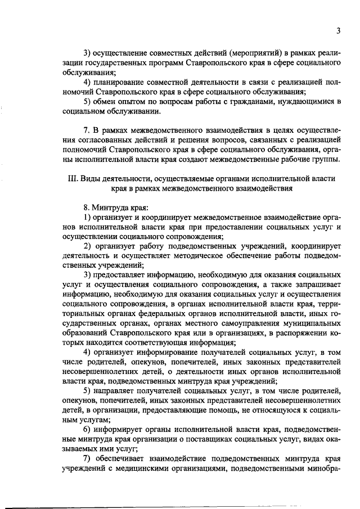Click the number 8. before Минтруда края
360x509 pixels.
click(x=86, y=208)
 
